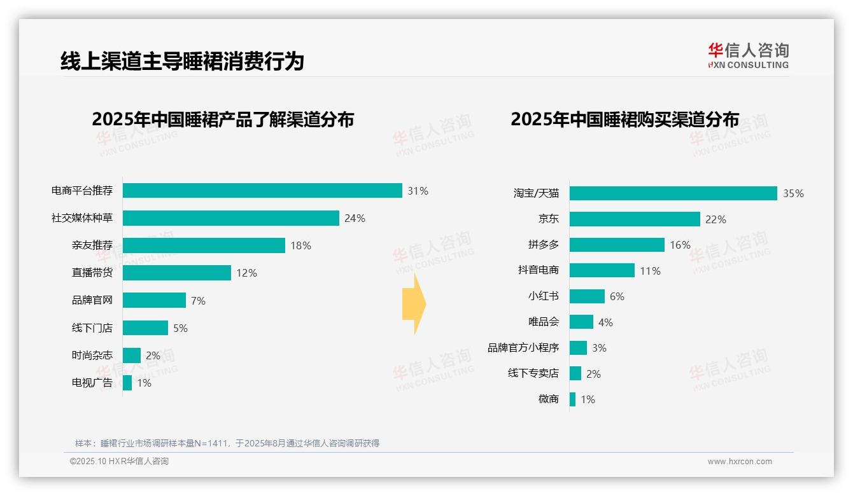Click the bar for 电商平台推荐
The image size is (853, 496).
262,191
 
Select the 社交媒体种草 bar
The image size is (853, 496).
230,218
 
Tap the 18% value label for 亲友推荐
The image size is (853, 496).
300,245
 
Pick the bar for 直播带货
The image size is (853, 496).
176,273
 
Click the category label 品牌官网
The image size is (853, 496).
92,301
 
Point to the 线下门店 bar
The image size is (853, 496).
145,328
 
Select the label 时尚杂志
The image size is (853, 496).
92,355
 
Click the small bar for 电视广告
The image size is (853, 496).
127,383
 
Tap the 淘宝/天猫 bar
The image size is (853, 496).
673,193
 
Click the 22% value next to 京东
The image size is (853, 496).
716,219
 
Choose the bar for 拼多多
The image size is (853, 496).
617,245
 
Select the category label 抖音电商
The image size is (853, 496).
538,270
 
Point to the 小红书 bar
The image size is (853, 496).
587,296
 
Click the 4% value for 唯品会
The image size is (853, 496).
605,322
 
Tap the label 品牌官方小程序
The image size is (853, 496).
523,348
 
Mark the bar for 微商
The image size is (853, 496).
572,399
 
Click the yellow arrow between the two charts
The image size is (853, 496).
414,304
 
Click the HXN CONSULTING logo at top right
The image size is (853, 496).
748,55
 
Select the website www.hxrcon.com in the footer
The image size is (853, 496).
739,462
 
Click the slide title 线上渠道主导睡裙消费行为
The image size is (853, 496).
182,61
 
